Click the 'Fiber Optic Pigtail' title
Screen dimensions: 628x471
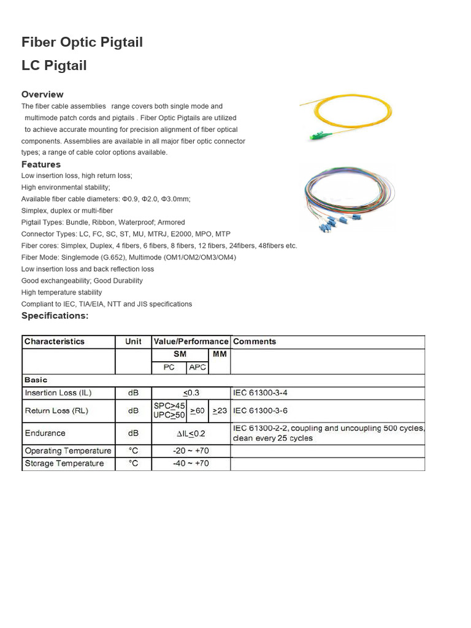pos(82,42)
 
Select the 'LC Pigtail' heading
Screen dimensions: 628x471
pos(54,66)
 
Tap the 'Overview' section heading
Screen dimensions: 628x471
pos(42,94)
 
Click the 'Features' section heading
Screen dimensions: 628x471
pos(41,164)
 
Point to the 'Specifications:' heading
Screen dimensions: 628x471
pos(55,316)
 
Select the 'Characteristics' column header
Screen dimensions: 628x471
pos(55,342)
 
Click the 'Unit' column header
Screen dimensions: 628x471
pos(133,342)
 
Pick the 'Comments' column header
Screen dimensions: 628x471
pos(255,342)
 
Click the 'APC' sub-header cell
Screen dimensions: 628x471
pos(197,367)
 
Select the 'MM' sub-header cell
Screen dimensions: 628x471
pos(219,354)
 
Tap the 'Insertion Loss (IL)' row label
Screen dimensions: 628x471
pos(58,392)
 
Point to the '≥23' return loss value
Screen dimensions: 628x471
pos(220,411)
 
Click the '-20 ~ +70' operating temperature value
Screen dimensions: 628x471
pos(191,451)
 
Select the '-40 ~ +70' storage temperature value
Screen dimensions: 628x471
pos(191,464)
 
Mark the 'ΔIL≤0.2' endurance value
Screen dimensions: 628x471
pos(191,433)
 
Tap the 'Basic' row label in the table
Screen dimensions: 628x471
pos(36,380)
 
